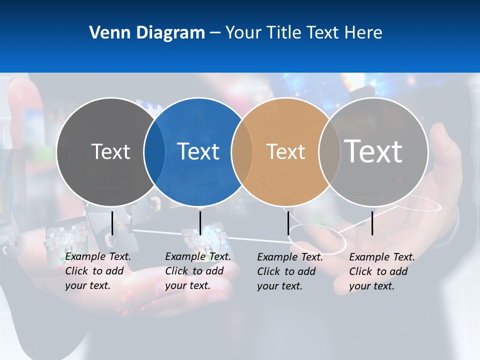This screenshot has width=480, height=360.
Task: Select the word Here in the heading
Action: [363, 33]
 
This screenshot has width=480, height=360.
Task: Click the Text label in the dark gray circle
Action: [110, 151]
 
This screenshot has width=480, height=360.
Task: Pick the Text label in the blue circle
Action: [198, 151]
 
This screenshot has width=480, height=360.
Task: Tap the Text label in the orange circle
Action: [285, 151]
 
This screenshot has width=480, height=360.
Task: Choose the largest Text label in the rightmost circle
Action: [373, 151]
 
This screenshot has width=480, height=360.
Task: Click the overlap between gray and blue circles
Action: [154, 152]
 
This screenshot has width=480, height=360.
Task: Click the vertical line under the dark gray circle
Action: [112, 223]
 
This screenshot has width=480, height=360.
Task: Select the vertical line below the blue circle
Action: [200, 223]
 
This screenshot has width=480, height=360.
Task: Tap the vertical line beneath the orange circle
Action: [288, 223]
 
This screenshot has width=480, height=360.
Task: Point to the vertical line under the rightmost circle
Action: [372, 223]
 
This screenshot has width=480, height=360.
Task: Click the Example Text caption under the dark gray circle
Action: [98, 271]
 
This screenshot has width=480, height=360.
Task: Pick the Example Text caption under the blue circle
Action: [198, 271]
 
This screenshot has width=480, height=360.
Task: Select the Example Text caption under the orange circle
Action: [290, 271]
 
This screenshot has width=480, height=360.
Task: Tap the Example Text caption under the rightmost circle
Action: [382, 271]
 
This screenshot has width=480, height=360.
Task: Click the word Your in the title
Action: [244, 33]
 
